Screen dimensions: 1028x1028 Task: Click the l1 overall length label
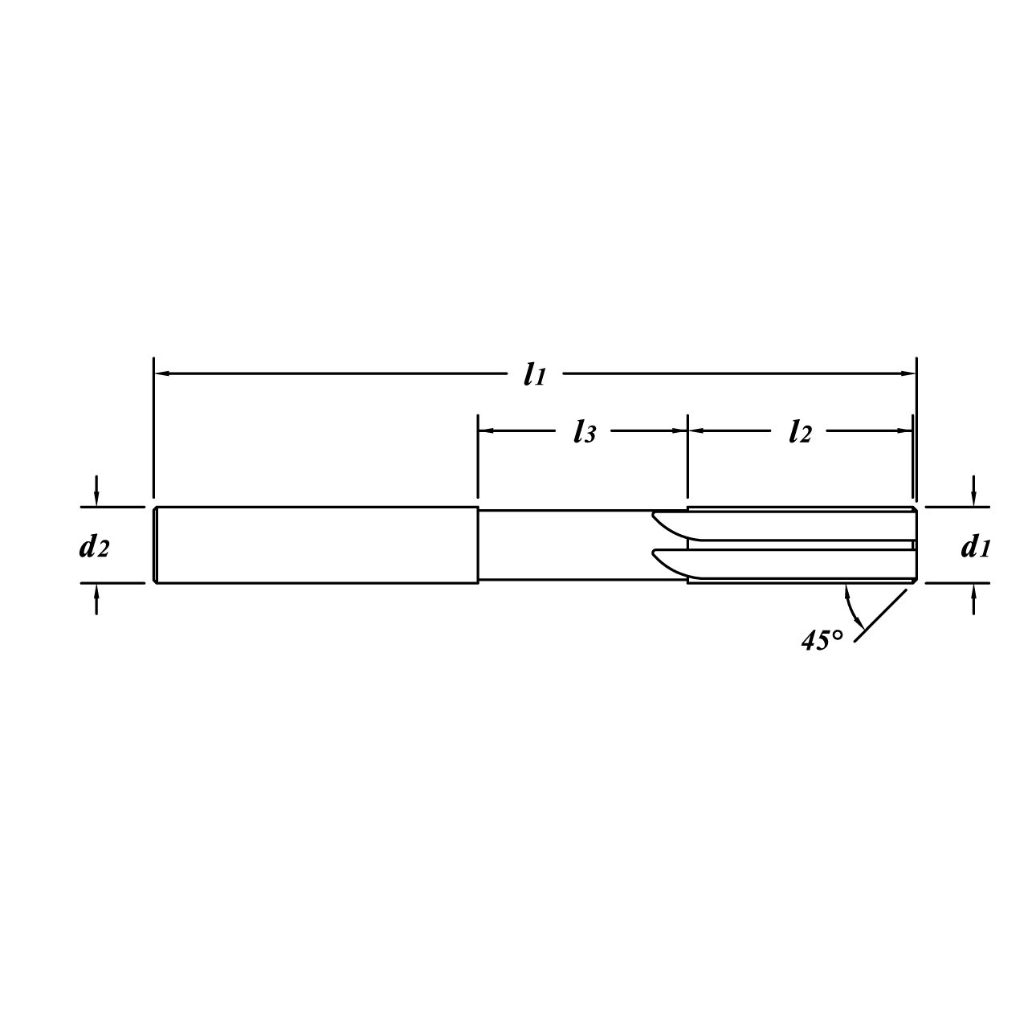pyautogui.click(x=535, y=374)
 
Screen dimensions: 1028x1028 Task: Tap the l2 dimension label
pyautogui.click(x=799, y=432)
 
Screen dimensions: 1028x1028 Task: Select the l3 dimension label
pyautogui.click(x=584, y=432)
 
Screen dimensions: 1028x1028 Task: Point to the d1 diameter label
pyautogui.click(x=975, y=548)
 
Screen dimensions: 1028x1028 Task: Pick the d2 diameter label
pyautogui.click(x=93, y=548)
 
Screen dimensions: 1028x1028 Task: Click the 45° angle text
pyautogui.click(x=822, y=640)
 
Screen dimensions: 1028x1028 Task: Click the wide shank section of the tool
pyautogui.click(x=316, y=545)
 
